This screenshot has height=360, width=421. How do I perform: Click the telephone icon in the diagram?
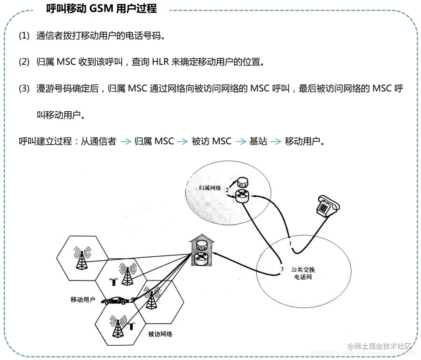326,205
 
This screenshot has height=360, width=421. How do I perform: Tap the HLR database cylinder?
242,184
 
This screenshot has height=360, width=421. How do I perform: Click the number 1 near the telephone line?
290,242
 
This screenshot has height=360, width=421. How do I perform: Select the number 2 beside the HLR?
227,190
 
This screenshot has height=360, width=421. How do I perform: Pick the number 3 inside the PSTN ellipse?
282,269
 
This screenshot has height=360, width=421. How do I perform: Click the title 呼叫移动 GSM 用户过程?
102,9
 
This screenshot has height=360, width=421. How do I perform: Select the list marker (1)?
24,36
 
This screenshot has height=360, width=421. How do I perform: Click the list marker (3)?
24,89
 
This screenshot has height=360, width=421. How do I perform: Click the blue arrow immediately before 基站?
241,141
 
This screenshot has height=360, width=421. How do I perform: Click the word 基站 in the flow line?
258,141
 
